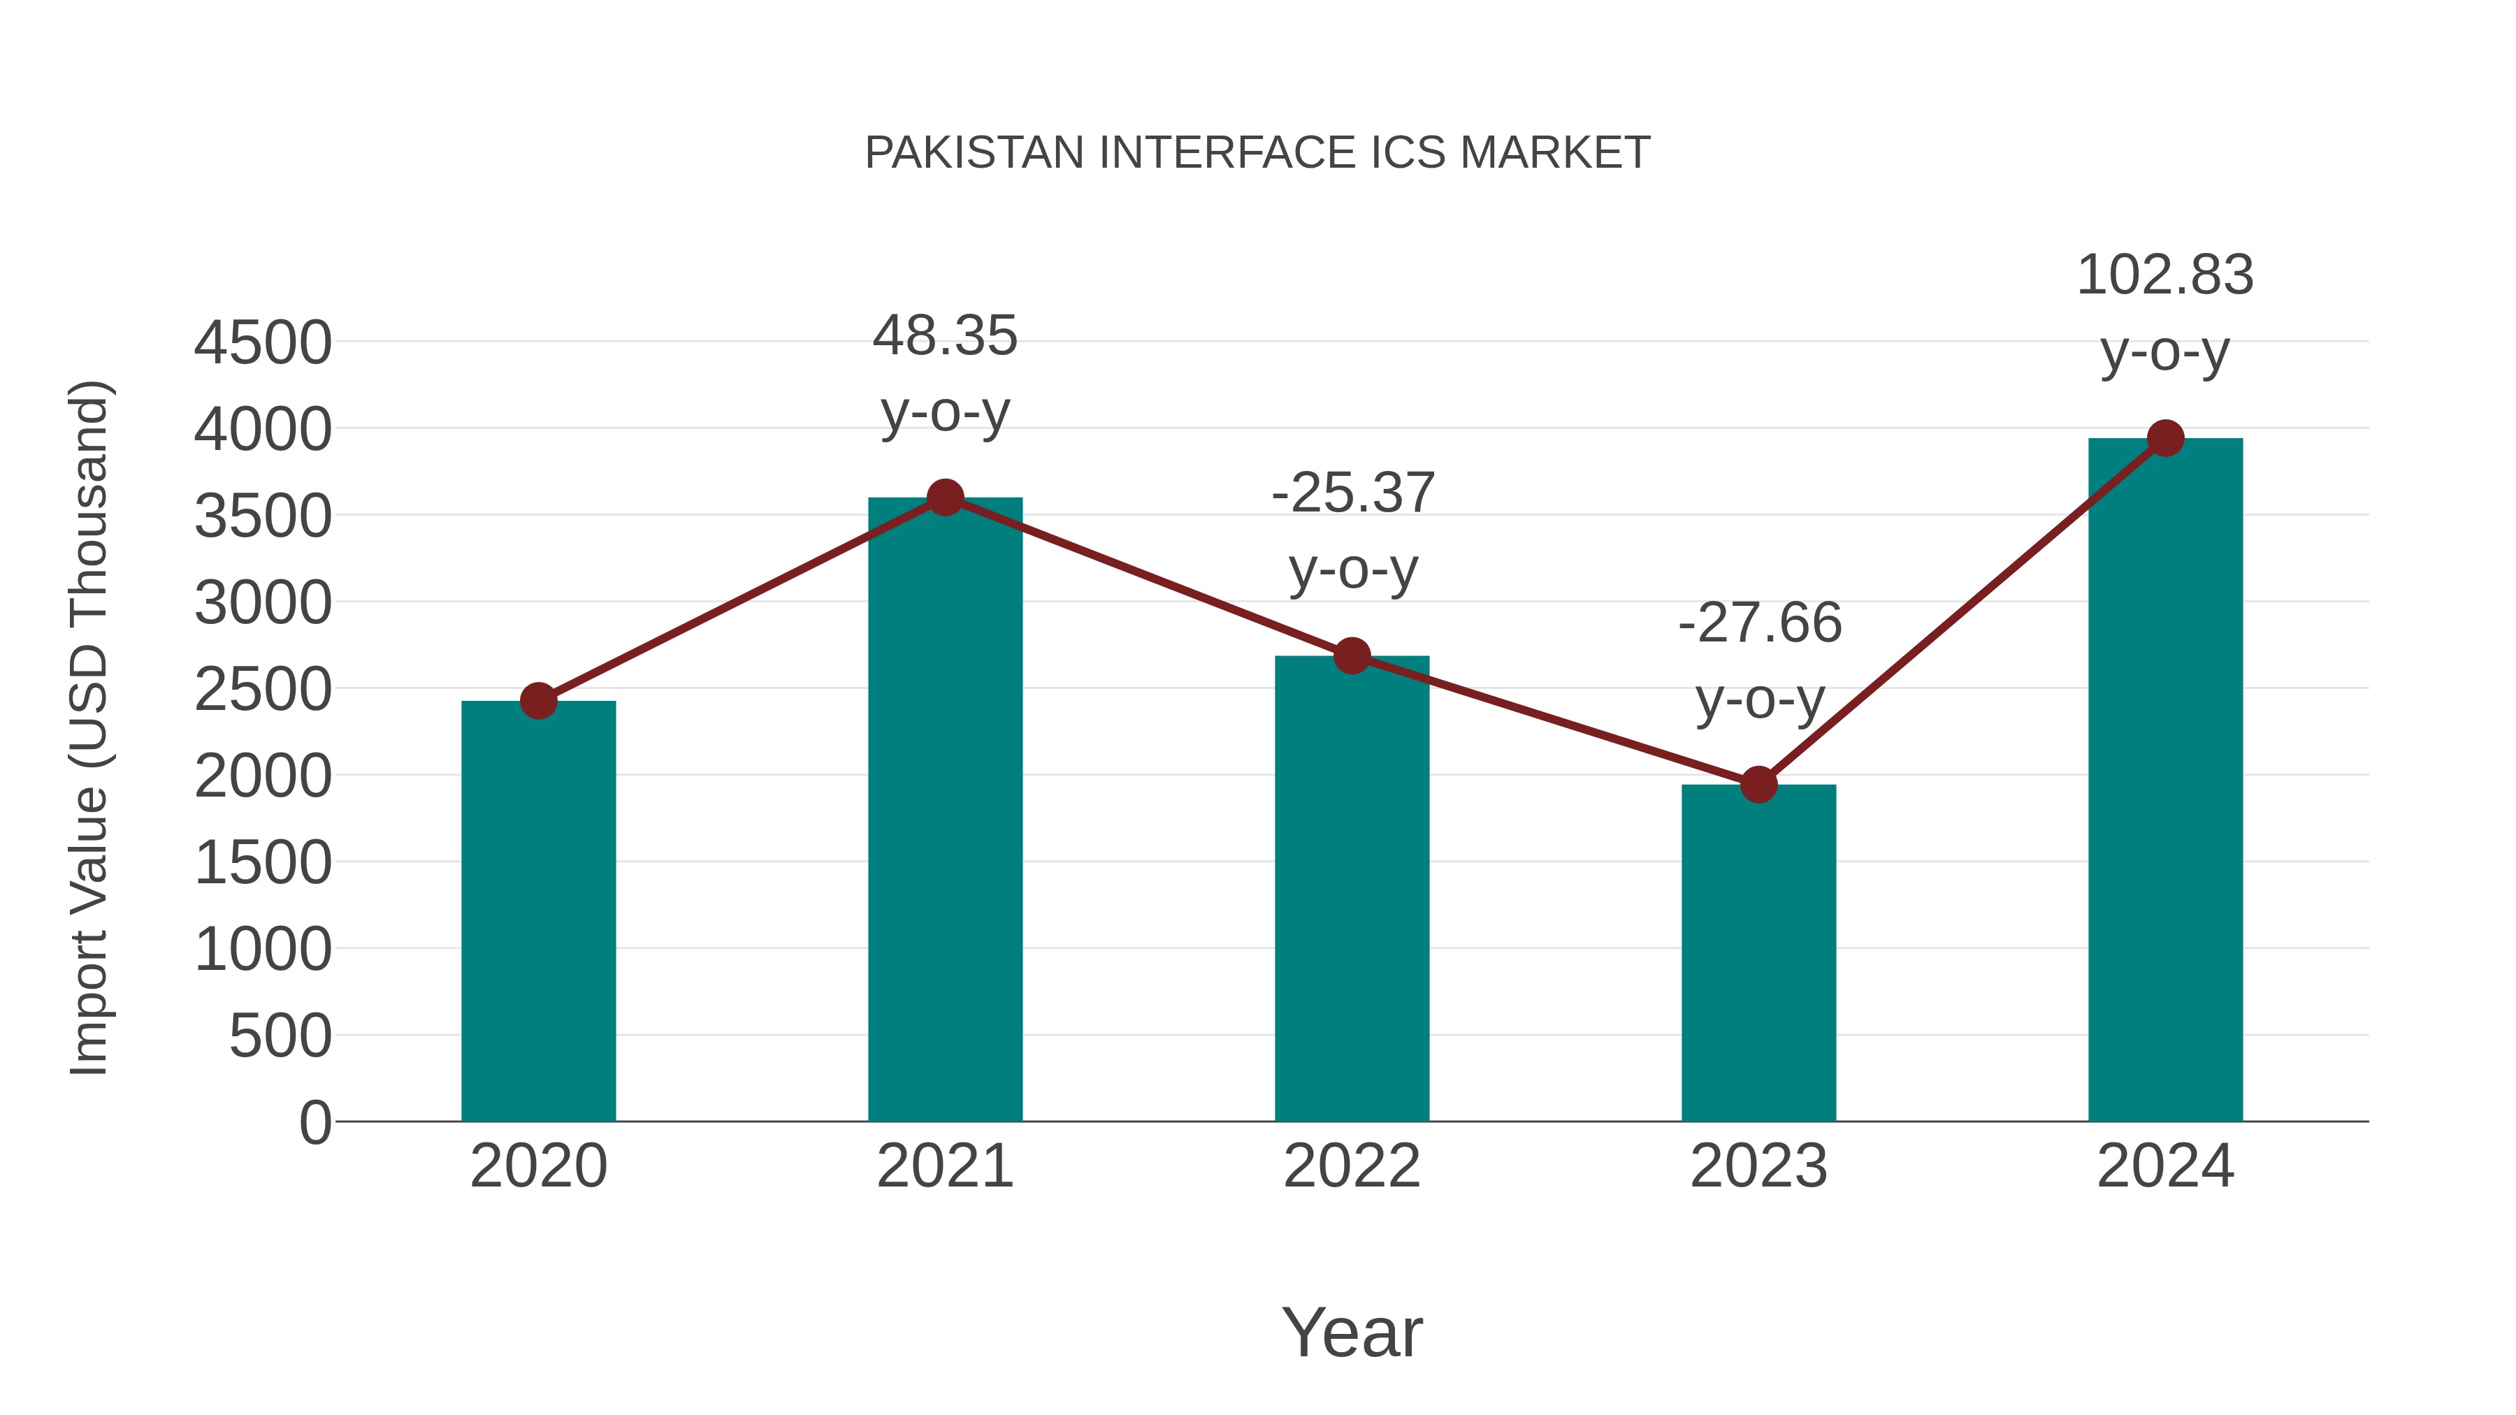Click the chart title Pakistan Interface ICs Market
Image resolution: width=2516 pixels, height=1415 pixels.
click(x=1257, y=153)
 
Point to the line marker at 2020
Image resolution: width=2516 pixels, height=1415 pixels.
click(x=538, y=700)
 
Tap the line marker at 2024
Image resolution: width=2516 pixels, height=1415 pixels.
click(x=2165, y=438)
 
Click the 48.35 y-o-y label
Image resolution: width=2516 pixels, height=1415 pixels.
click(x=944, y=373)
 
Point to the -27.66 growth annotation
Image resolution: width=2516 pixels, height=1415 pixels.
click(x=1759, y=660)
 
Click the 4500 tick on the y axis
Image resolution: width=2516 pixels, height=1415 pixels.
click(x=263, y=343)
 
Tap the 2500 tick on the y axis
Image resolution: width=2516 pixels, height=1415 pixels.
click(x=263, y=690)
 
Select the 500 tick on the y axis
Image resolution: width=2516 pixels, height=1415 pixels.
click(x=280, y=1036)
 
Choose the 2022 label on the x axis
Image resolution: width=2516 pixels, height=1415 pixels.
click(x=1352, y=1166)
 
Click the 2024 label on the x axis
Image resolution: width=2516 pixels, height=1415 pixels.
click(x=2165, y=1166)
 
